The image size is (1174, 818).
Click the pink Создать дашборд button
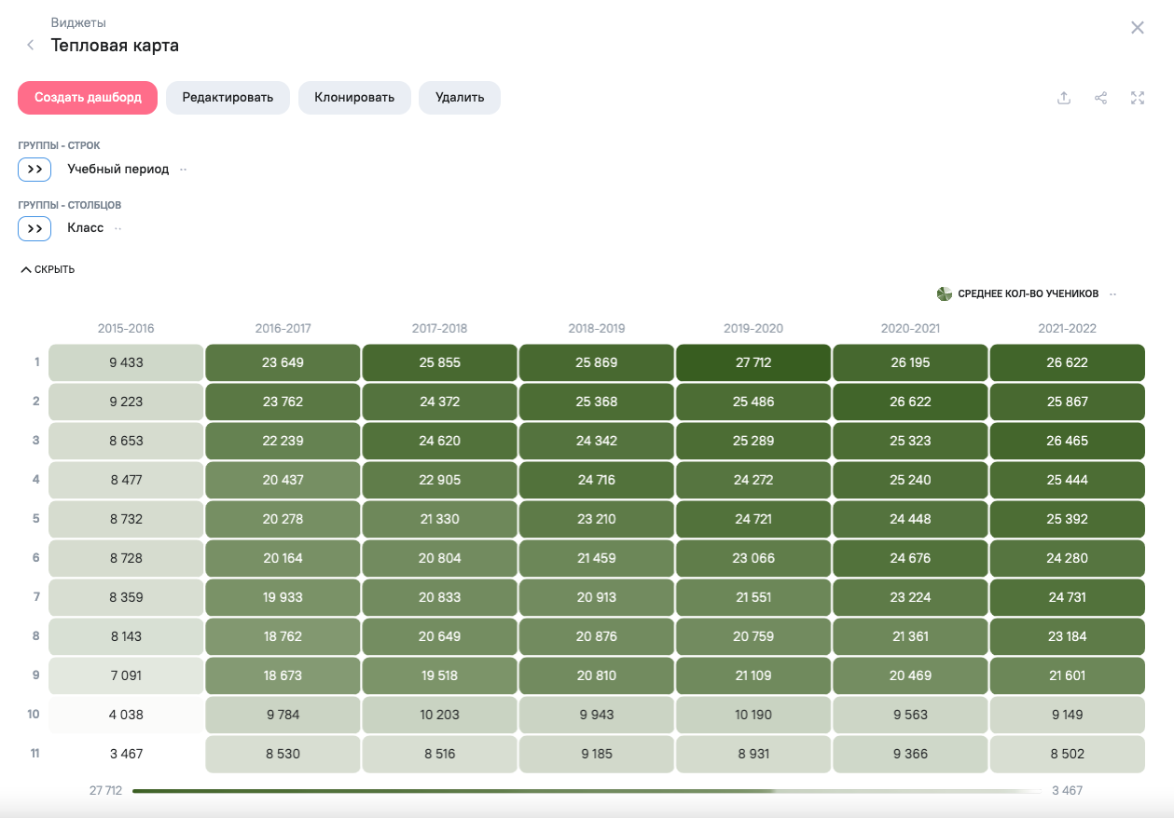[88, 98]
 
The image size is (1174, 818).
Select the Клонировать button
[354, 98]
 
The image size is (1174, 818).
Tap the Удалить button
[459, 98]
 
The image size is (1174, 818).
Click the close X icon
[1137, 28]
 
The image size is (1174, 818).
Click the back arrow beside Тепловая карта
[31, 45]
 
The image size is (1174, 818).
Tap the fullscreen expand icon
[1137, 98]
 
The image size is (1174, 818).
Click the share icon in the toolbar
[1100, 98]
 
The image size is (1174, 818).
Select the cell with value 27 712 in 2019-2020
[753, 362]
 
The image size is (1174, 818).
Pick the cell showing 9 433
[126, 362]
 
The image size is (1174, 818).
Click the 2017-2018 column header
[439, 329]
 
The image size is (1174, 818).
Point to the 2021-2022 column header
[1067, 329]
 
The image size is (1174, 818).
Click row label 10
[34, 715]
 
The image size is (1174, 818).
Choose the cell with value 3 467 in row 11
[126, 754]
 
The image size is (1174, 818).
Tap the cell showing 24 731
[1067, 597]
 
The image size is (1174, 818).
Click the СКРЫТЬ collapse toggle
[48, 270]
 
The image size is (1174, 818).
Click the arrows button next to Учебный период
[35, 170]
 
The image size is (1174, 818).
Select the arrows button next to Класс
[35, 228]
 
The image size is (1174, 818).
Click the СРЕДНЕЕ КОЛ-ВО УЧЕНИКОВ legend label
[1028, 294]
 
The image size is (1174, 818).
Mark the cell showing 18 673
[283, 675]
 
